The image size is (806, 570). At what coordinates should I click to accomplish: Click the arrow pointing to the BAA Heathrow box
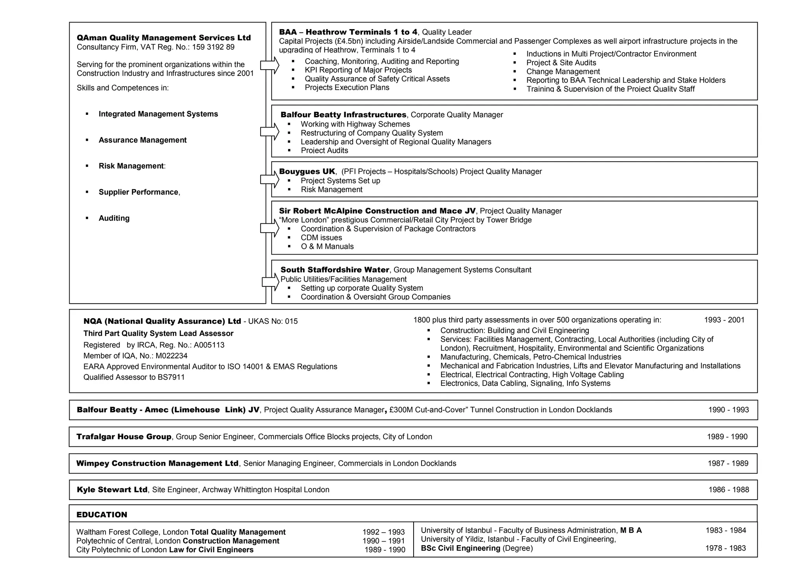pyautogui.click(x=270, y=65)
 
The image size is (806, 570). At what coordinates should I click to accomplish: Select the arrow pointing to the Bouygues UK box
pyautogui.click(x=270, y=179)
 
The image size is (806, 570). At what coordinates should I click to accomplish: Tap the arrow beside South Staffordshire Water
pyautogui.click(x=270, y=282)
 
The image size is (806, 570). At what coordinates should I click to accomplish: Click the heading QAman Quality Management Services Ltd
pyautogui.click(x=164, y=38)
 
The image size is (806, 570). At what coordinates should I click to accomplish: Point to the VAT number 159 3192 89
pyautogui.click(x=213, y=47)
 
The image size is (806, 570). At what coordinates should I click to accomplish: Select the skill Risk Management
pyautogui.click(x=131, y=166)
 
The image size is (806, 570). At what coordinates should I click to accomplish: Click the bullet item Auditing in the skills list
pyautogui.click(x=114, y=218)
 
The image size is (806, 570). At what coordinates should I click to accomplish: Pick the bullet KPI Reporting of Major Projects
pyautogui.click(x=358, y=70)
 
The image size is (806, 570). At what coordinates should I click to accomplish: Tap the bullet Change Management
pyautogui.click(x=563, y=72)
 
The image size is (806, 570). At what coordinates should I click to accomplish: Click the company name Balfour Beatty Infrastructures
pyautogui.click(x=343, y=115)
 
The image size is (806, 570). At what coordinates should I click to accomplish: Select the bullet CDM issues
pyautogui.click(x=321, y=238)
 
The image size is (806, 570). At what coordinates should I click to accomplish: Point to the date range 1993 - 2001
pyautogui.click(x=724, y=320)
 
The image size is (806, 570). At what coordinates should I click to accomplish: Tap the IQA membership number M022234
pyautogui.click(x=172, y=356)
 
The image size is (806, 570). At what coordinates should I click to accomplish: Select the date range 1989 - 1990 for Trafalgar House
pyautogui.click(x=727, y=437)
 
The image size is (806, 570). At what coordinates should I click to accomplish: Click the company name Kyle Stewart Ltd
pyautogui.click(x=112, y=490)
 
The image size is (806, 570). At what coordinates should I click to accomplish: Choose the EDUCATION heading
pyautogui.click(x=102, y=515)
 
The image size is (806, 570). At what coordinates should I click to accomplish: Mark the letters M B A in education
pyautogui.click(x=631, y=530)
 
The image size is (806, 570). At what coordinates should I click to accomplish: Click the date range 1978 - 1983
pyautogui.click(x=725, y=548)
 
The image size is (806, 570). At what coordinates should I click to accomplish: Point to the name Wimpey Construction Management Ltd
pyautogui.click(x=157, y=463)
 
